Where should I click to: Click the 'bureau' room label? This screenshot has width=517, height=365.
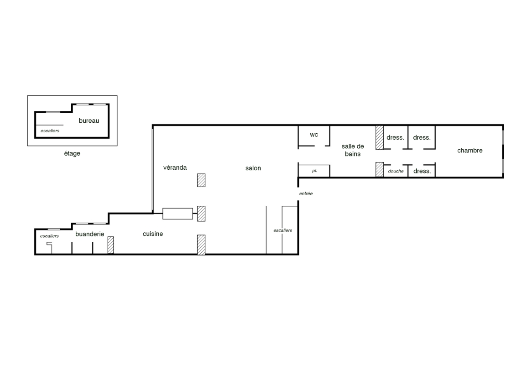click(89, 120)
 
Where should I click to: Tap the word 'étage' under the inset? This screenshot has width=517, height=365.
click(72, 153)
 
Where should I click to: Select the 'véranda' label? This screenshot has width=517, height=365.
click(175, 167)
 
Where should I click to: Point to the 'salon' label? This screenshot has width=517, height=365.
click(253, 168)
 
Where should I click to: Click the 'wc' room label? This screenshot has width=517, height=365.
click(314, 135)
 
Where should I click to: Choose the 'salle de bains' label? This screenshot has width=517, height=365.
click(352, 150)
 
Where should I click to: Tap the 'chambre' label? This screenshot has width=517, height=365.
click(470, 151)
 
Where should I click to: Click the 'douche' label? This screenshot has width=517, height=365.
click(396, 171)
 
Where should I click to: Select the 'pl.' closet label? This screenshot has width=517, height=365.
click(314, 171)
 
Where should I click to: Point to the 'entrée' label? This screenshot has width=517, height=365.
click(306, 193)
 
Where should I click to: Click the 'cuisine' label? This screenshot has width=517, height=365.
click(153, 234)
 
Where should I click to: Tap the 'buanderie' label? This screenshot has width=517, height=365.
click(90, 234)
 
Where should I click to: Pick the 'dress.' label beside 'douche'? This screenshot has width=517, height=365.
click(422, 171)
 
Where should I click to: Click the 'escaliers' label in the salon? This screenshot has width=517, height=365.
click(282, 230)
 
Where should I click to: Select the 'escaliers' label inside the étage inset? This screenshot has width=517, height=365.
click(50, 131)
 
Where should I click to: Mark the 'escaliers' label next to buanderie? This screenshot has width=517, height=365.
click(49, 236)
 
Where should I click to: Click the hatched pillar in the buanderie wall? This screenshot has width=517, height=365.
click(111, 245)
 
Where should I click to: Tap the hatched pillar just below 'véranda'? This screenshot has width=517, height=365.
click(201, 180)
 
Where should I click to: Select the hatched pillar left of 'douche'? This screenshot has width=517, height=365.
click(380, 169)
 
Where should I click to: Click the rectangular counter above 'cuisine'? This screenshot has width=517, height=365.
click(178, 214)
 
